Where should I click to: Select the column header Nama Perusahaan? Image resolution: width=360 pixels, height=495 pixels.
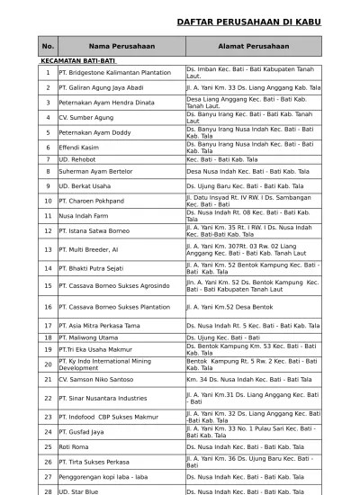click(121, 46)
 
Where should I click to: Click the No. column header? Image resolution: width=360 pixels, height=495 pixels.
click(48, 46)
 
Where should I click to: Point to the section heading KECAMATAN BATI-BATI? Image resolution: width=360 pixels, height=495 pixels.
click(72, 61)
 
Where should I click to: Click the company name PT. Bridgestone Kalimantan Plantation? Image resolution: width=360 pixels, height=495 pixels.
click(114, 71)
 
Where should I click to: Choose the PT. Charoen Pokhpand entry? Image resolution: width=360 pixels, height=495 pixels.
click(91, 201)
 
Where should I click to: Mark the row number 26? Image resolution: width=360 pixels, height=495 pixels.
click(48, 461)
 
